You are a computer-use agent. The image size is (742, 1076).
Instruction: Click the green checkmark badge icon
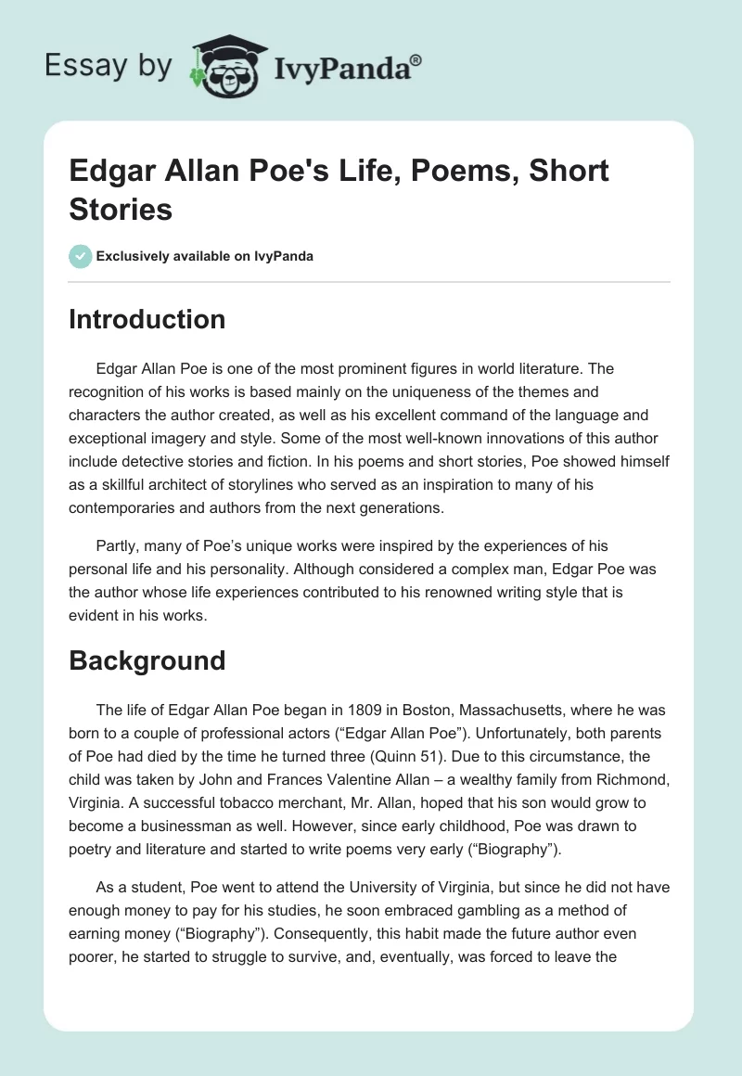[x=81, y=256]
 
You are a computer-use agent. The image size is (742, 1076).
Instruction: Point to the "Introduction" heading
[x=147, y=319]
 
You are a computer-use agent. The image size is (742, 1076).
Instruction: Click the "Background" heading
[x=147, y=660]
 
